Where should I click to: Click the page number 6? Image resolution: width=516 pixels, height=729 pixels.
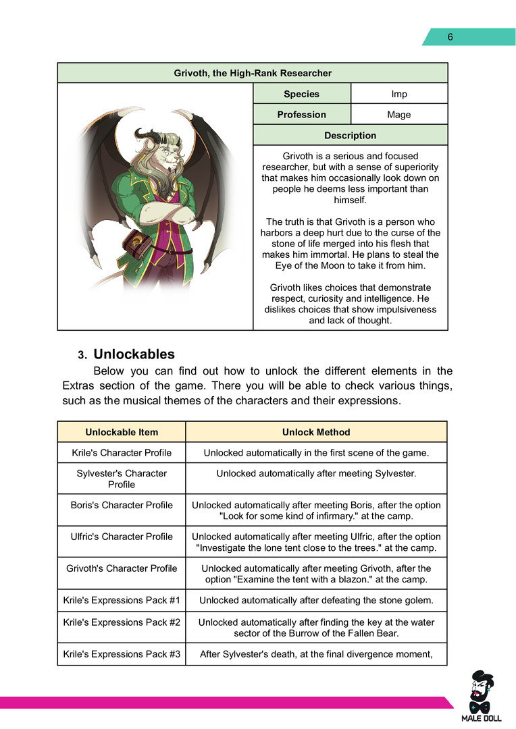pyautogui.click(x=450, y=37)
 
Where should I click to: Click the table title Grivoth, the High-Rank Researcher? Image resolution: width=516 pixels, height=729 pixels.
pyautogui.click(x=253, y=73)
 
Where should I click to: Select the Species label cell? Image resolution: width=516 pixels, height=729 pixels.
pyautogui.click(x=301, y=94)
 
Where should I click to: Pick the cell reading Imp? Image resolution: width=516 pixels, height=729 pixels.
pyautogui.click(x=399, y=94)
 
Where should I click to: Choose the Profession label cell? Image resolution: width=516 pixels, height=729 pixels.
pyautogui.click(x=301, y=115)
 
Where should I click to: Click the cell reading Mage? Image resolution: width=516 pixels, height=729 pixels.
pyautogui.click(x=399, y=115)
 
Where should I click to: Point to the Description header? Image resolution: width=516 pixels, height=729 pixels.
pyautogui.click(x=350, y=136)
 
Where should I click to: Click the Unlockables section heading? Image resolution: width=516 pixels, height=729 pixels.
pyautogui.click(x=134, y=354)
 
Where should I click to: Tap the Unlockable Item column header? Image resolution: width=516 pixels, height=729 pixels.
pyautogui.click(x=122, y=432)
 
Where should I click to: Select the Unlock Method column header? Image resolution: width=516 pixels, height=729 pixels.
pyautogui.click(x=315, y=432)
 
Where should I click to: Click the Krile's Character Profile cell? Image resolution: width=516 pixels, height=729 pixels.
pyautogui.click(x=122, y=452)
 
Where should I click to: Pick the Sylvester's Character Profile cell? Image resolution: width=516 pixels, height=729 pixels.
pyautogui.click(x=122, y=479)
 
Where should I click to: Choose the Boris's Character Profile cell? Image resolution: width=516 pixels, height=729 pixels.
pyautogui.click(x=122, y=505)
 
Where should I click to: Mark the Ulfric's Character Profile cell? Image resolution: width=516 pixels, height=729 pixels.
pyautogui.click(x=122, y=537)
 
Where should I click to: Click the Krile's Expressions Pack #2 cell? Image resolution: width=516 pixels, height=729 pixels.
pyautogui.click(x=122, y=622)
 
